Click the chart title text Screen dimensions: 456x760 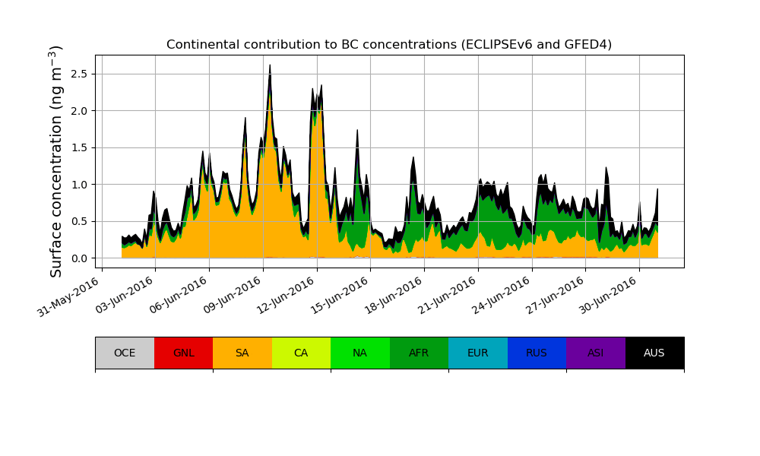click(x=389, y=44)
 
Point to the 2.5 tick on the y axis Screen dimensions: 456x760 click(x=79, y=74)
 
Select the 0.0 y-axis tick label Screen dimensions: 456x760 click(x=79, y=258)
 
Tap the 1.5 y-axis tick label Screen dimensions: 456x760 click(x=79, y=147)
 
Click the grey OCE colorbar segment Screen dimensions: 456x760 click(x=125, y=353)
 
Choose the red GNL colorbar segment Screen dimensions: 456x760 click(x=183, y=353)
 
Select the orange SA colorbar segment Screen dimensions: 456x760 click(x=242, y=353)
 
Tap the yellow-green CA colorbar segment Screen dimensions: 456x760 click(x=301, y=353)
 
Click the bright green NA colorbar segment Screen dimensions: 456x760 click(x=360, y=353)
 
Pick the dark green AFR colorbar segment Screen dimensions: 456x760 click(x=419, y=353)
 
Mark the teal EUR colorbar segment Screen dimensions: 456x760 click(x=478, y=353)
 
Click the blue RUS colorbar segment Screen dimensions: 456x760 click(x=537, y=353)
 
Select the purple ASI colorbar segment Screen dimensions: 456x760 click(x=596, y=353)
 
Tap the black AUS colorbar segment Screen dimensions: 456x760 click(x=654, y=353)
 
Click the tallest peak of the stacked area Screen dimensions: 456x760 click(x=270, y=67)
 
